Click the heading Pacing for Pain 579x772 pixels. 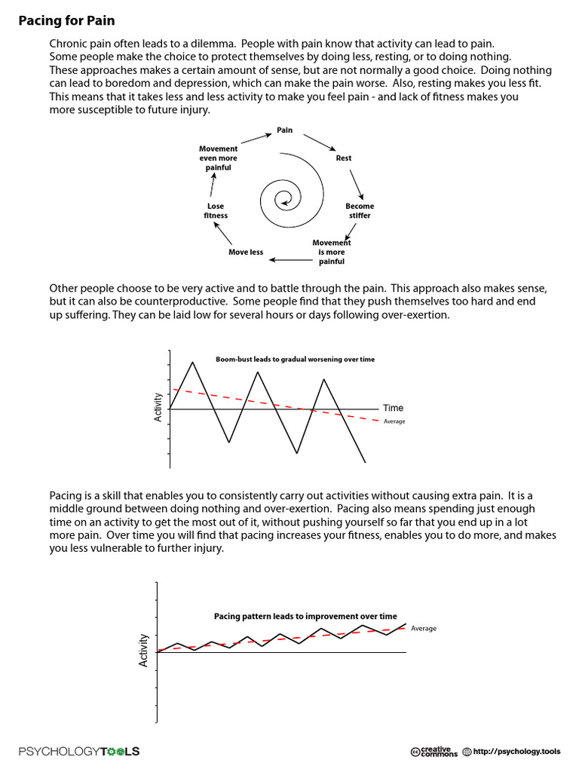coord(67,20)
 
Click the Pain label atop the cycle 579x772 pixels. coord(284,130)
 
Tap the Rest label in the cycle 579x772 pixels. coord(343,158)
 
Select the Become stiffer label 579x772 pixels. coord(360,210)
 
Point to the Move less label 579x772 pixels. coord(246,252)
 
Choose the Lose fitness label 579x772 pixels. coord(216,210)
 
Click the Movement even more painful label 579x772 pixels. coord(218,158)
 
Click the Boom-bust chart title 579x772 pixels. coord(295,360)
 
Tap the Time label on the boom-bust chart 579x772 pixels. coord(394,408)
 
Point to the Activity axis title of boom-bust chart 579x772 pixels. coord(158,407)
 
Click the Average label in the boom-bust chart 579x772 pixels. coord(394,421)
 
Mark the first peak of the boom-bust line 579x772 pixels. coord(194,363)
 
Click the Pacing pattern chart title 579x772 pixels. coord(305,616)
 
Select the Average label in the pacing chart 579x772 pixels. coord(424,628)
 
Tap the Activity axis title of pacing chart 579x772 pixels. coord(143,650)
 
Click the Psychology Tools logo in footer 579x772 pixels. coord(79,751)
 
